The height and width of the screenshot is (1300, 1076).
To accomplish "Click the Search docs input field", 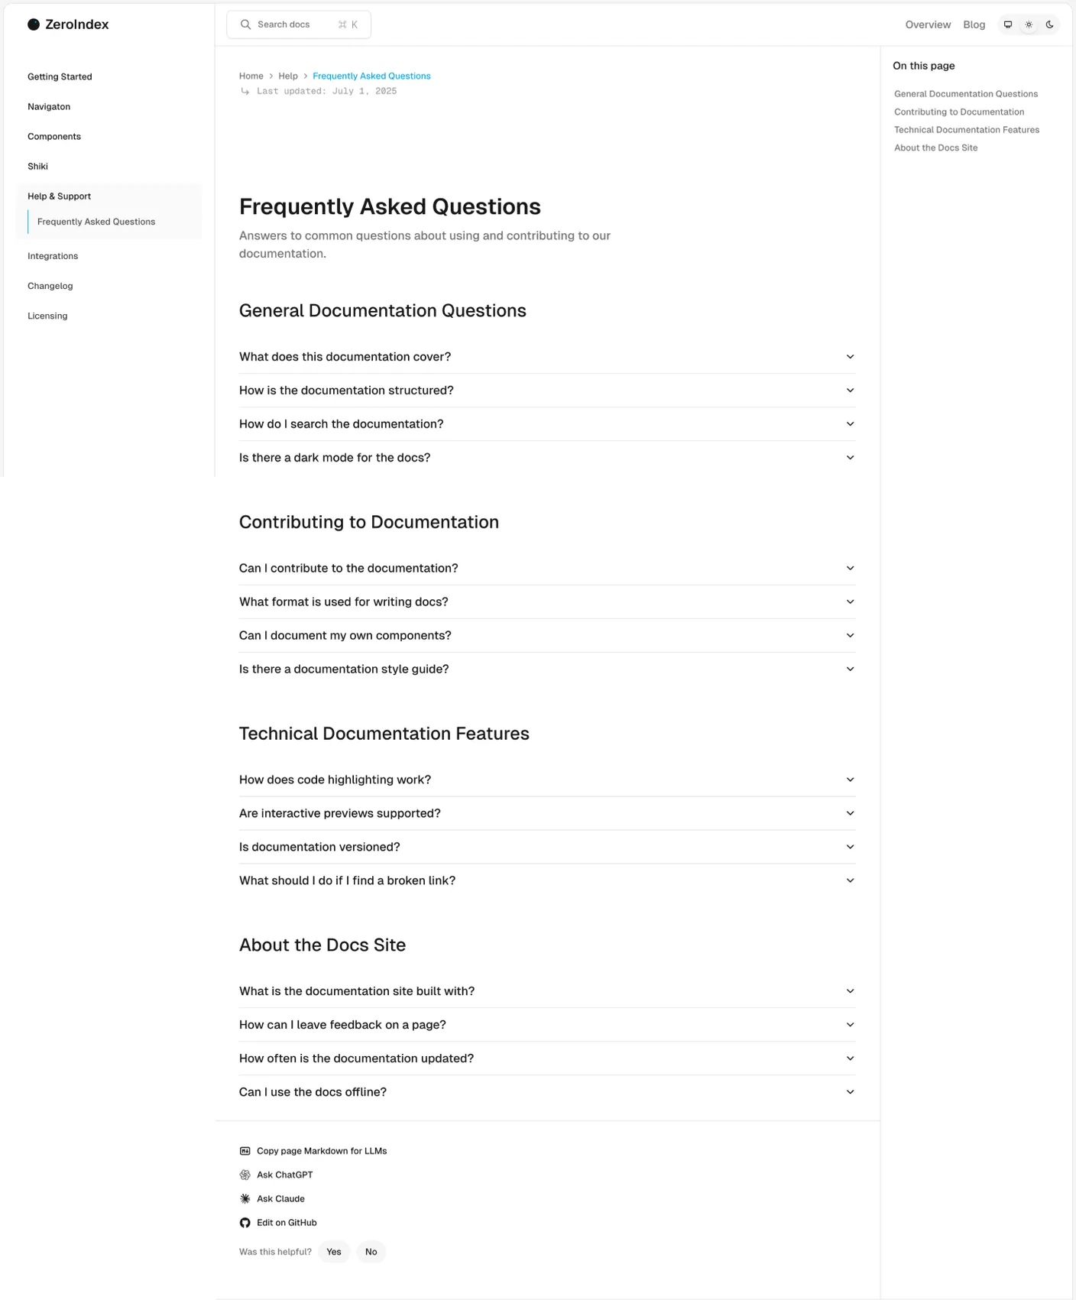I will (x=298, y=24).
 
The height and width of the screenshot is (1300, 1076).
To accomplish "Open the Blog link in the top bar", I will (x=974, y=24).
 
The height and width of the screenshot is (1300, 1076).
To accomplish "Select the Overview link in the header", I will (x=928, y=24).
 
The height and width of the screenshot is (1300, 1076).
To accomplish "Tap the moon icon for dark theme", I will (x=1049, y=24).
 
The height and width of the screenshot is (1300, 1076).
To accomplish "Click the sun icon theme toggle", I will (x=1029, y=24).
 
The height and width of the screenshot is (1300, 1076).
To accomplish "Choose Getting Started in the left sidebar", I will (x=60, y=76).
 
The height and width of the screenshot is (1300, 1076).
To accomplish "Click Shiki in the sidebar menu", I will (x=37, y=166).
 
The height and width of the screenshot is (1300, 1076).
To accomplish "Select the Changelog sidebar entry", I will (x=50, y=286).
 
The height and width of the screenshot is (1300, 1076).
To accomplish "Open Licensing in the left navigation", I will (x=47, y=316).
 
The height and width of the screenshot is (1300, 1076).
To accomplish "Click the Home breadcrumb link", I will (x=251, y=76).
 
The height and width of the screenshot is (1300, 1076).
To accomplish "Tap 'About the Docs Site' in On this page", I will (x=935, y=148).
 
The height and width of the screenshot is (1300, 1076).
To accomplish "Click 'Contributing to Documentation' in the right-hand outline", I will (x=958, y=112).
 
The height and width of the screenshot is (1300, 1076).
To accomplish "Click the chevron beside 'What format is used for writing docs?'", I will (x=850, y=601).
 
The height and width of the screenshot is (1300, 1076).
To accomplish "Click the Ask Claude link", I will (x=280, y=1198).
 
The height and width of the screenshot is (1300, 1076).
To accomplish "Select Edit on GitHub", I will (x=287, y=1222).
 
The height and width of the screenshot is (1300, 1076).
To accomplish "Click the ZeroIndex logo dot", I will (x=34, y=24).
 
